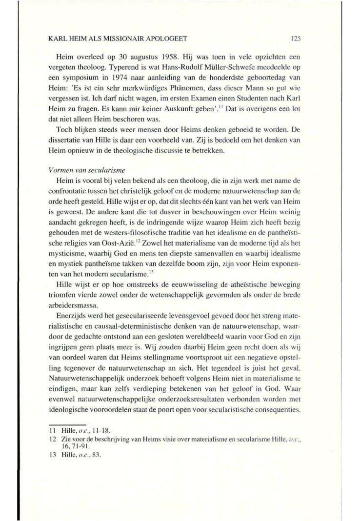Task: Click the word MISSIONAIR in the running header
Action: (x=104, y=37)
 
